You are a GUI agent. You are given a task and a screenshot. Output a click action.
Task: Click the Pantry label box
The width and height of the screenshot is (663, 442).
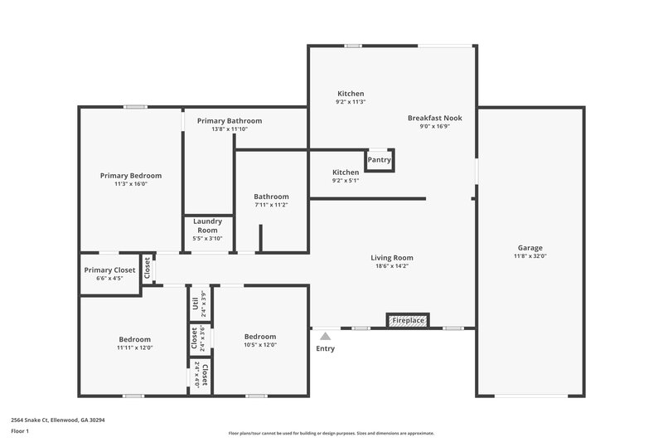point(380,159)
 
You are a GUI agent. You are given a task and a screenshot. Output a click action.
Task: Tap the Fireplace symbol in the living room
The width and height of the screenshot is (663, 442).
point(408,320)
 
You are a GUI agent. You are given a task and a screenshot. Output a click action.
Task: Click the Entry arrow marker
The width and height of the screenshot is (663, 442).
point(326,336)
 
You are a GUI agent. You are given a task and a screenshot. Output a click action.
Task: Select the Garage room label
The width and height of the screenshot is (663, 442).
point(530,248)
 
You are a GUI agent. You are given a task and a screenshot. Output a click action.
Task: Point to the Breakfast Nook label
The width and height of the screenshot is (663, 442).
point(434,118)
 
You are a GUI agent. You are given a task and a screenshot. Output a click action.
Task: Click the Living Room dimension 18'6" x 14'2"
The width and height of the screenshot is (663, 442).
point(392,266)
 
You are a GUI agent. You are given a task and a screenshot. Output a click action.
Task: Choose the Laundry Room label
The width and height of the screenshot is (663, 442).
point(207,226)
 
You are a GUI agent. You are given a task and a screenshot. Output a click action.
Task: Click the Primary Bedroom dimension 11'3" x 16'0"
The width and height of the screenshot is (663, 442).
point(131,184)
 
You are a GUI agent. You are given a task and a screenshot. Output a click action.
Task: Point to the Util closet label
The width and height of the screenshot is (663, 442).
point(196,304)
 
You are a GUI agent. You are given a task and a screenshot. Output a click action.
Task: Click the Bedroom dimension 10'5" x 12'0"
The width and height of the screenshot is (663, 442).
point(260,345)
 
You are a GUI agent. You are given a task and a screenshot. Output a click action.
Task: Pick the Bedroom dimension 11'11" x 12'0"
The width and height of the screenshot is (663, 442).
point(134,348)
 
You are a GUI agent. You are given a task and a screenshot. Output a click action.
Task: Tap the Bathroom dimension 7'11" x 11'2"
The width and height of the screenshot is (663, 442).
point(271,205)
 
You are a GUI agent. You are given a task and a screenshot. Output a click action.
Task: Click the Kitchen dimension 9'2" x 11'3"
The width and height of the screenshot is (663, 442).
point(351,102)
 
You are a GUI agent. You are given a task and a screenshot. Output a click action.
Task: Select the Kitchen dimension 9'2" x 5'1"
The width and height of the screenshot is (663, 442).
point(346,180)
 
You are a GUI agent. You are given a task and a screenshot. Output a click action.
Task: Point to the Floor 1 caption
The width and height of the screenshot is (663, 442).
point(20,431)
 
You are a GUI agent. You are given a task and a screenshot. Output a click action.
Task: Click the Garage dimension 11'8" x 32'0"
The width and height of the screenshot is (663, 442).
point(530,256)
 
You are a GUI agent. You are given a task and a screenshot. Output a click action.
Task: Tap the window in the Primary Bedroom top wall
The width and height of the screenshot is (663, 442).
point(136,107)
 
